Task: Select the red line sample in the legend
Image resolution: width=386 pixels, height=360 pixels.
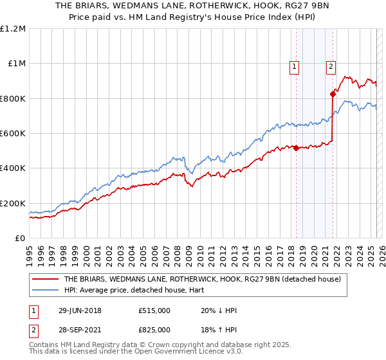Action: (46, 279)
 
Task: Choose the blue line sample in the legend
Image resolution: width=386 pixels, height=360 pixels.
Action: (46, 290)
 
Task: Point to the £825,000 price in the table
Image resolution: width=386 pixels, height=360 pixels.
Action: (154, 329)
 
